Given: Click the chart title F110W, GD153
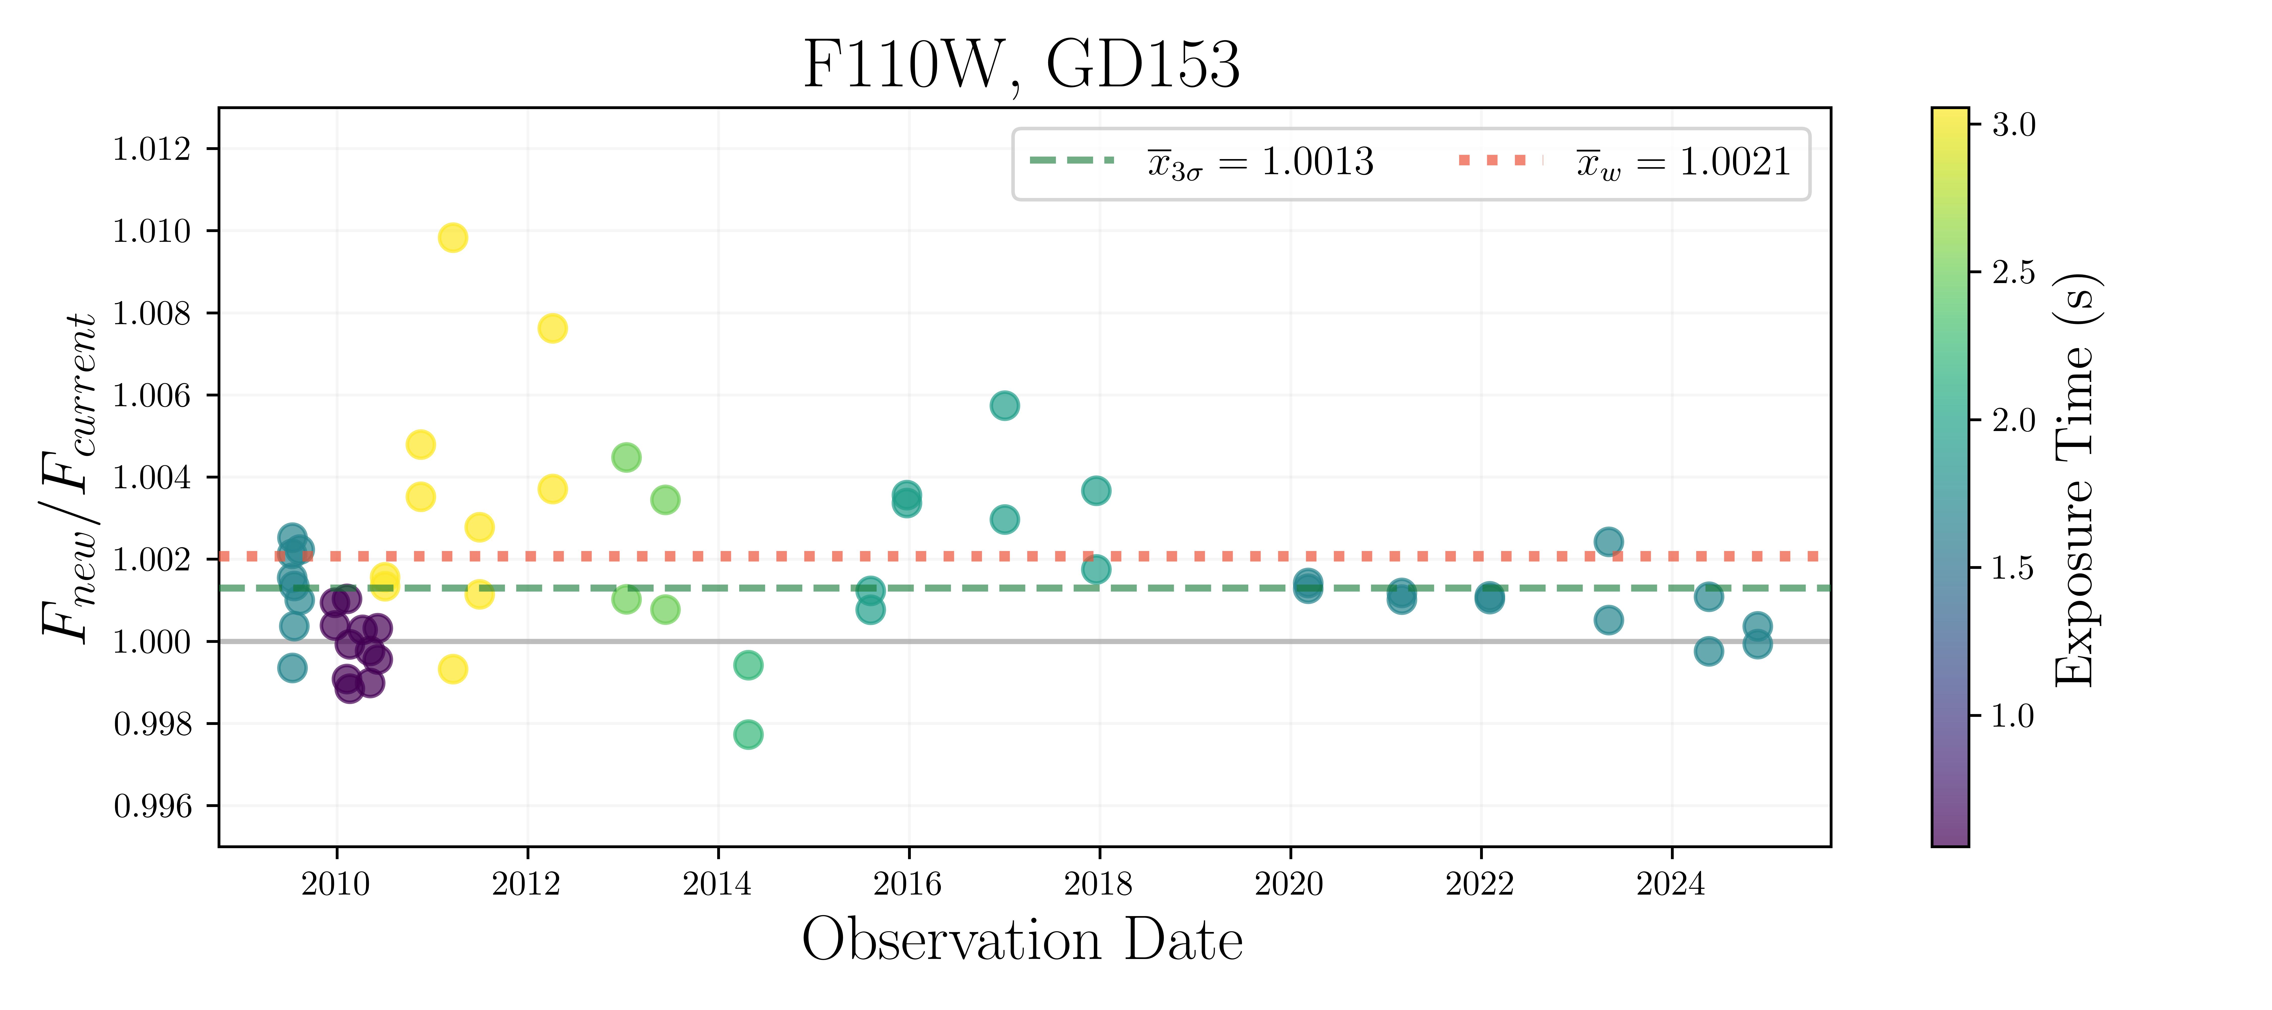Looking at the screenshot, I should coord(1021,64).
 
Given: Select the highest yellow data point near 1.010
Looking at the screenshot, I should coord(452,237).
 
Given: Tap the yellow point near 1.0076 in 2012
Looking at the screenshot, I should coord(552,328).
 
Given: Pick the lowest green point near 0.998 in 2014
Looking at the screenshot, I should coord(748,734).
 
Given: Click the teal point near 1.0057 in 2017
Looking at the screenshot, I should coord(1004,406).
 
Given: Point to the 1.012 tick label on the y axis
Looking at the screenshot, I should coord(152,149).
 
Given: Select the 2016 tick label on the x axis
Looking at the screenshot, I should coord(908,883).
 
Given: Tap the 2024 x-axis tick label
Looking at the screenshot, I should coord(1670,883).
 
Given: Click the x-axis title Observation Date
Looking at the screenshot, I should coord(1021,940).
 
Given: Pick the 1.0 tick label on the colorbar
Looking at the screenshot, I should coord(2013,715).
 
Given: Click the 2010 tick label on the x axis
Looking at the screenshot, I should coord(336,883).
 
